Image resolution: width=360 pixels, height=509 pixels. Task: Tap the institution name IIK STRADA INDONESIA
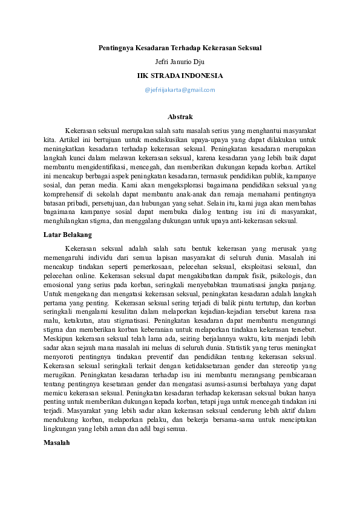pyautogui.click(x=180, y=76)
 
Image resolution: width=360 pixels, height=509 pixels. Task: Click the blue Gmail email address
pyautogui.click(x=180, y=90)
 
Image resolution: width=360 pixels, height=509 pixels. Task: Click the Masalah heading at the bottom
pyautogui.click(x=57, y=443)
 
